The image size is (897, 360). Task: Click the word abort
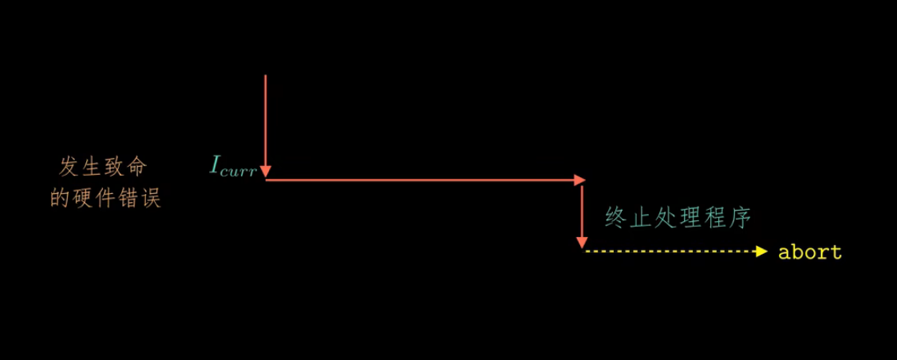(809, 252)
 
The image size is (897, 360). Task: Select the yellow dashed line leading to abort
(670, 251)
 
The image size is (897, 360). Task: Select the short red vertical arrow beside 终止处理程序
(583, 214)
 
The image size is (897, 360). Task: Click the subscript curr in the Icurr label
(239, 169)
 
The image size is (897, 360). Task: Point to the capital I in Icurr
(215, 165)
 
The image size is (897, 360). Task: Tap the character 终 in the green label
(615, 218)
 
